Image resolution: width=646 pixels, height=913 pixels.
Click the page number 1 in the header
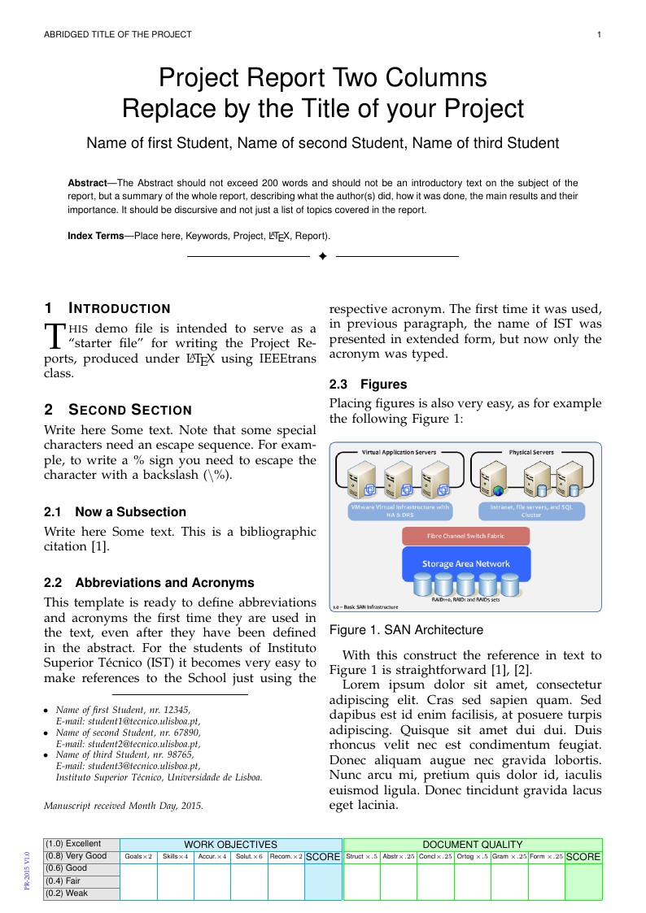pyautogui.click(x=599, y=34)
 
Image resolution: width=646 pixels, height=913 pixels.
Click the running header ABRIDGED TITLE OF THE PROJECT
pyautogui.click(x=117, y=34)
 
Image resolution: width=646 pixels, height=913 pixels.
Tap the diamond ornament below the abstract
pyautogui.click(x=322, y=256)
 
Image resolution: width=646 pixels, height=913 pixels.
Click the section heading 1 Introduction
pyautogui.click(x=107, y=308)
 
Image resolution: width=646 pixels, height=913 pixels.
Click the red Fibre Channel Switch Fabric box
pyautogui.click(x=466, y=536)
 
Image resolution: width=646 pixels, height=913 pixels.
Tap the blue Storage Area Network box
pyautogui.click(x=466, y=563)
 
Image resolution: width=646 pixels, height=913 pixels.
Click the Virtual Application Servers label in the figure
pyautogui.click(x=399, y=452)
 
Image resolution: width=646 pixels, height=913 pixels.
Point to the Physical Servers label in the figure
pyautogui.click(x=531, y=452)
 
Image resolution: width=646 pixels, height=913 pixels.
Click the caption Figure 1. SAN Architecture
pyautogui.click(x=406, y=630)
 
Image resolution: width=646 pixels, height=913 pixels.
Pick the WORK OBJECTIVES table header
pyautogui.click(x=230, y=845)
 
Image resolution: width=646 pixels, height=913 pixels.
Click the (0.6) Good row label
pyautogui.click(x=81, y=867)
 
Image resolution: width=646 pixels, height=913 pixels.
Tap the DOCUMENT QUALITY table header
pyautogui.click(x=472, y=845)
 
